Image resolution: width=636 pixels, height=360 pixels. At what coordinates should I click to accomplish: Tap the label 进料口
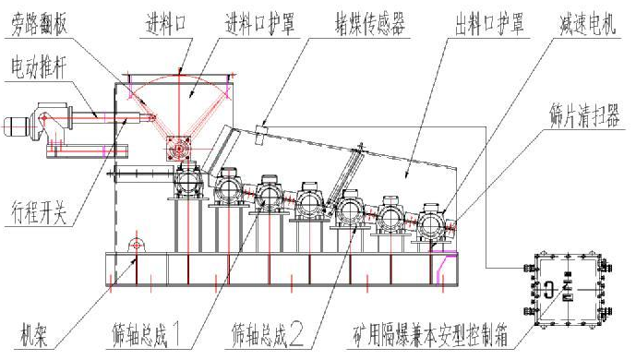[x=167, y=18]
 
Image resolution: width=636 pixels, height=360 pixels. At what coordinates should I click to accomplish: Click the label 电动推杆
[x=38, y=66]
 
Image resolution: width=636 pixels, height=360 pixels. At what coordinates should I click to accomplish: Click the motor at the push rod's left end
[x=20, y=125]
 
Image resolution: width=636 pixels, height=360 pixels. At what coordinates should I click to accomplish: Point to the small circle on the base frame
[x=136, y=246]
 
